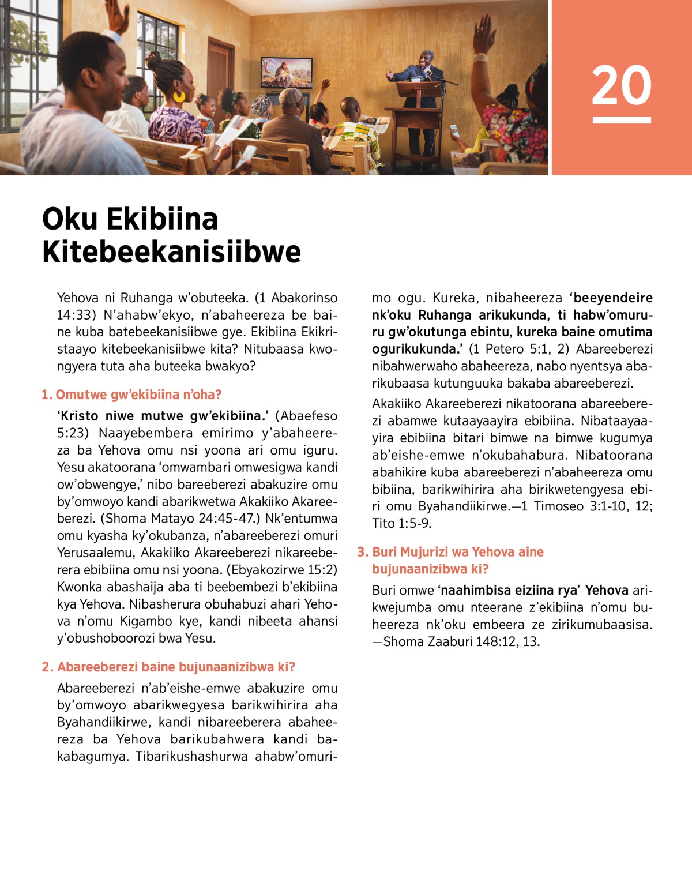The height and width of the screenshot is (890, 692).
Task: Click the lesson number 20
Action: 621,85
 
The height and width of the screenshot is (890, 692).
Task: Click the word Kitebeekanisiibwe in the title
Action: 171,252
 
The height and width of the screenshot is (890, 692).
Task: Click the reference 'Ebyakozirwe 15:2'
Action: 282,570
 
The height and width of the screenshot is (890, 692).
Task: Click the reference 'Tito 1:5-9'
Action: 401,524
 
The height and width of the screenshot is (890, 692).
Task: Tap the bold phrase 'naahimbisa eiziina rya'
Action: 508,591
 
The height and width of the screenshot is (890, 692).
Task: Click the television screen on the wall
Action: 287,72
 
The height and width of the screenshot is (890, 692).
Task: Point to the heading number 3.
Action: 362,552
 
